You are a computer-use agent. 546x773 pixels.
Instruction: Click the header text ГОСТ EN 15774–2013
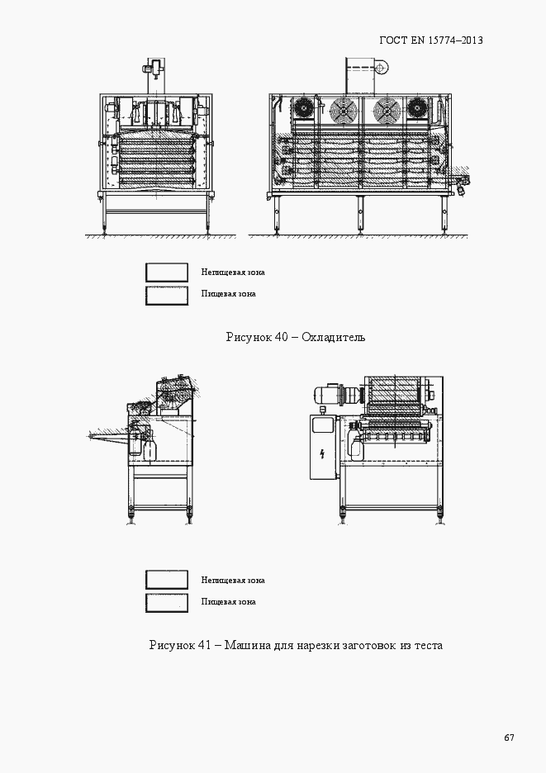(430, 40)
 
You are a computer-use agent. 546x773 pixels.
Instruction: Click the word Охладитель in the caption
(333, 337)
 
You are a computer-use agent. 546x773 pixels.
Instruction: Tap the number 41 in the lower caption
(204, 645)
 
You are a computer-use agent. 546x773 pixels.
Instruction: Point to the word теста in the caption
(428, 645)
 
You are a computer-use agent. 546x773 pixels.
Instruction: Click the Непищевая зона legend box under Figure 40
(166, 272)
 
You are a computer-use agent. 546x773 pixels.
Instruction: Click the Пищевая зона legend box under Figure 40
(166, 294)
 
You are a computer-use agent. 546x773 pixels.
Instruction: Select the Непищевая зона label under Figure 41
(232, 580)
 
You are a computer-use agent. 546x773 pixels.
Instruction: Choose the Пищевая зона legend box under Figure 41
(166, 602)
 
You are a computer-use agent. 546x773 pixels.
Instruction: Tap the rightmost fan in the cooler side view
(420, 108)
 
